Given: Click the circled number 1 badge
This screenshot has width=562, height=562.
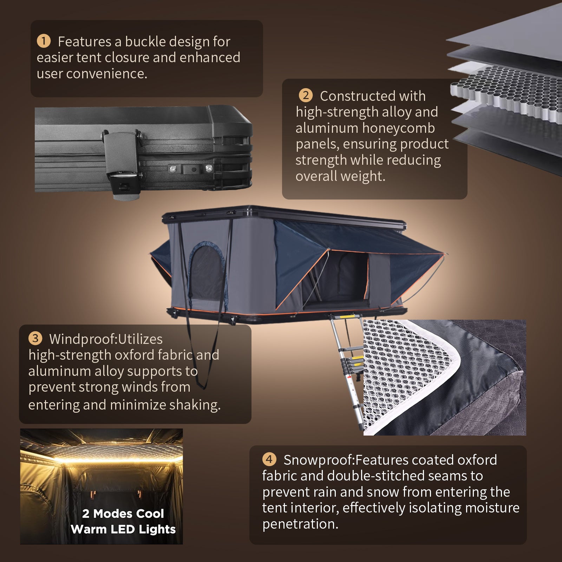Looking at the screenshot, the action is pos(44,41).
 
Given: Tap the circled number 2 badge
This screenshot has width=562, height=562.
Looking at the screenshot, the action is pos(306,95).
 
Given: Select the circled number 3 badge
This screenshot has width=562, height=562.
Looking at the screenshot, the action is pos(35,339).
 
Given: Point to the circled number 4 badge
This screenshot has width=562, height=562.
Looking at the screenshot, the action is pos(269,459).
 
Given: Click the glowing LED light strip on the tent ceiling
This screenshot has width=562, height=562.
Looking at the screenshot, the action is pos(102,458).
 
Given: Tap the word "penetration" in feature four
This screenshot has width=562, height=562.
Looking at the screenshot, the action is pos(300,524).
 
